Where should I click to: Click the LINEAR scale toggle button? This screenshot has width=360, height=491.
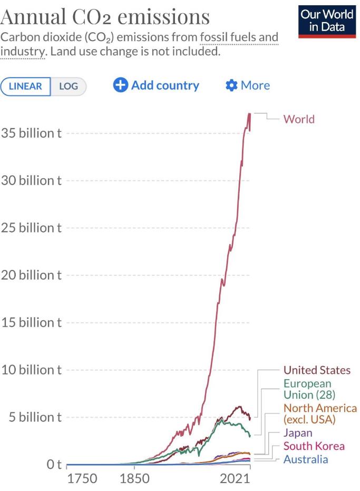pos(25,86)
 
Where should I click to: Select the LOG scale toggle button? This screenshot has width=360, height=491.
pos(68,86)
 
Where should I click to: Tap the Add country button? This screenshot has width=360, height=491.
pos(156,85)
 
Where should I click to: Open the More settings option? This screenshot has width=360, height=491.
pos(247,85)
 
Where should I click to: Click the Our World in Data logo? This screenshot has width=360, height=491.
pos(327,22)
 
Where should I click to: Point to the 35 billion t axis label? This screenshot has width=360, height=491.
pos(31,133)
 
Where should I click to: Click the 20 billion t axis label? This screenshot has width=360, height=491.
pos(31,275)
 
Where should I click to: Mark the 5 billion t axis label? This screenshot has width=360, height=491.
pos(35,417)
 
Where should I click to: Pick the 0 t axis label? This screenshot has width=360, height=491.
pos(54,464)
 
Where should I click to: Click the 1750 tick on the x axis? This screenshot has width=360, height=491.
pos(82,478)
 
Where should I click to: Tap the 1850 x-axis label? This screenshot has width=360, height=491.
pos(134,478)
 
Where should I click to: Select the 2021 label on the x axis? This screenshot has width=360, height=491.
pos(235,478)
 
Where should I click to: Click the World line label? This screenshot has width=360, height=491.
pos(299,119)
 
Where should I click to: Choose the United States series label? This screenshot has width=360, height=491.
pos(317,370)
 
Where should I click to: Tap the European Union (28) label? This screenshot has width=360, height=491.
pos(309,389)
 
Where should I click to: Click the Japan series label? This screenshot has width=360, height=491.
pos(298,433)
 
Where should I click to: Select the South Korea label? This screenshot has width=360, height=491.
pos(314,446)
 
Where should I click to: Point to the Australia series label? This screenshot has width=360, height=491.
pos(306,459)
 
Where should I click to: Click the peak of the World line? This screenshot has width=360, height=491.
pos(249,113)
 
